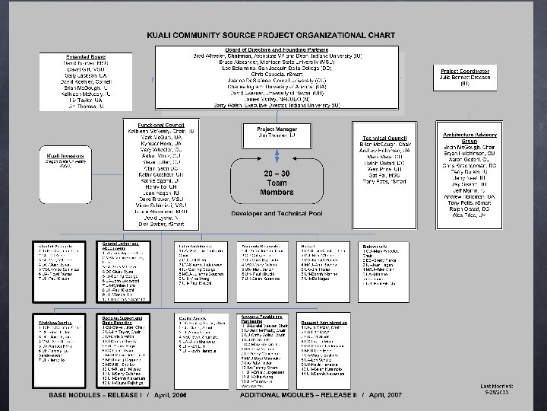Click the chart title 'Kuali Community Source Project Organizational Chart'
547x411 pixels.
[282, 36]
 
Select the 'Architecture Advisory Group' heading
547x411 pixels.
[463, 138]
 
